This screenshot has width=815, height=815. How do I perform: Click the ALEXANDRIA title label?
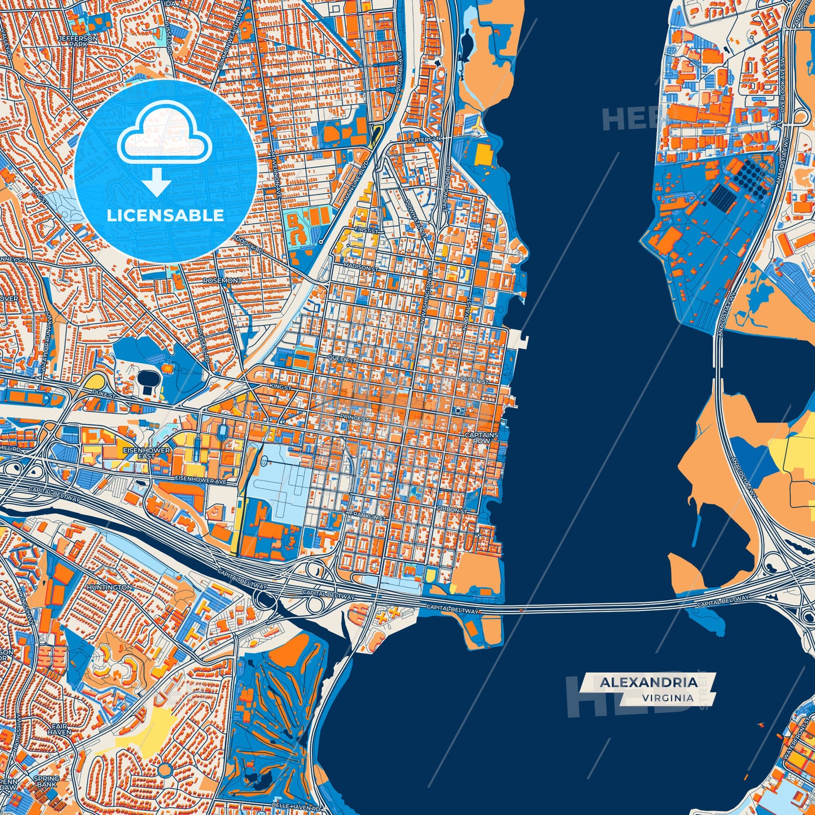tap(648, 682)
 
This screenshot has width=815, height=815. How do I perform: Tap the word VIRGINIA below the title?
tap(667, 698)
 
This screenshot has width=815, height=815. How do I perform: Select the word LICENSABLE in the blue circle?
tap(165, 215)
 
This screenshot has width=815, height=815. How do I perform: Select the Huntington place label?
tap(109, 587)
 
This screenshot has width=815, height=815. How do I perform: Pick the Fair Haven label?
tap(61, 729)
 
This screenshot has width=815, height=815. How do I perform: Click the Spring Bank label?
tap(46, 781)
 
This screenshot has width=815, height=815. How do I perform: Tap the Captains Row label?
tap(481, 438)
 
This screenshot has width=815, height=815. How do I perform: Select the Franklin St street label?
tap(368, 516)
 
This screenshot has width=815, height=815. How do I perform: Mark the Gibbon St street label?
tap(452, 511)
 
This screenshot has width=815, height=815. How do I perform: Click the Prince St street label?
tap(354, 418)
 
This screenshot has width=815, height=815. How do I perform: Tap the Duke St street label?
tap(104, 397)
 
